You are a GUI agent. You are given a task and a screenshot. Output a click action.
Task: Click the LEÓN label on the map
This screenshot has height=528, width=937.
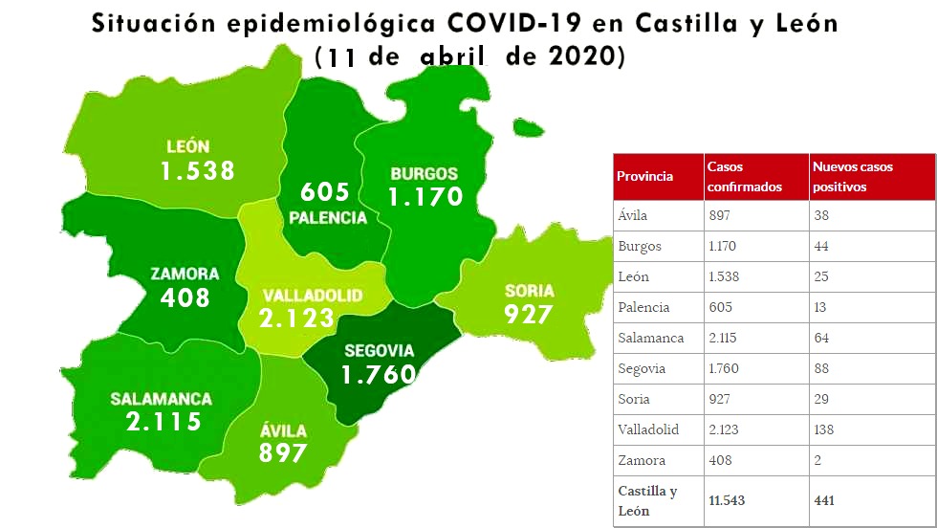tap(187, 147)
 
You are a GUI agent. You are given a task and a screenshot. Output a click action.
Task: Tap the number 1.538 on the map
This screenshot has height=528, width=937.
tap(197, 171)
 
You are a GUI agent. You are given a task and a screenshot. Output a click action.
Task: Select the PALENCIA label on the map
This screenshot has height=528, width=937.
tap(328, 218)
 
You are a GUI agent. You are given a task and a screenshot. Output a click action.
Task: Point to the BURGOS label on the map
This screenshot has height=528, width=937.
tap(424, 174)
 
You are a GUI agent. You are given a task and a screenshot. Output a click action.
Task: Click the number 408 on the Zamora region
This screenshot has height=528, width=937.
tap(185, 297)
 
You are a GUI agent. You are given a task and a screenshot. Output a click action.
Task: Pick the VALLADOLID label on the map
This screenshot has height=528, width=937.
tap(299, 296)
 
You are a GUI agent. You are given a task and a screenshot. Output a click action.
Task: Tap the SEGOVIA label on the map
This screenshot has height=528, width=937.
tap(379, 350)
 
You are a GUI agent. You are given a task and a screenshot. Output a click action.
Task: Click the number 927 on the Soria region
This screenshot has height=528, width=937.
tap(529, 314)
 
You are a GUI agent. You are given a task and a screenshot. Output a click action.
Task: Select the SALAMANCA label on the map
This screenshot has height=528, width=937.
tap(161, 399)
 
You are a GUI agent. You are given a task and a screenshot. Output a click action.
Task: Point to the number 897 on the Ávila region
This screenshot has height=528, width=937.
tap(283, 452)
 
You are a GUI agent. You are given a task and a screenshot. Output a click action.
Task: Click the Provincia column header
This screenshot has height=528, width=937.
tap(644, 176)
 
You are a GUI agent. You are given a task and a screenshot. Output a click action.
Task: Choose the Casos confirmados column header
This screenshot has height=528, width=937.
tap(744, 176)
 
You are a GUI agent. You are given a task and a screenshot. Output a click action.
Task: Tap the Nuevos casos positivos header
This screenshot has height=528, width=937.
tap(853, 176)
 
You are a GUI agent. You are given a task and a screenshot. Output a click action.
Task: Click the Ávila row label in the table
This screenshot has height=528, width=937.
tap(633, 215)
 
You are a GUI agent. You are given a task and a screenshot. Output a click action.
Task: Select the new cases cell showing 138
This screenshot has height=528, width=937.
tap(825, 429)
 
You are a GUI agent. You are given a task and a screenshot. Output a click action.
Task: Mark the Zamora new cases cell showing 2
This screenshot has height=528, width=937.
tap(817, 460)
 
